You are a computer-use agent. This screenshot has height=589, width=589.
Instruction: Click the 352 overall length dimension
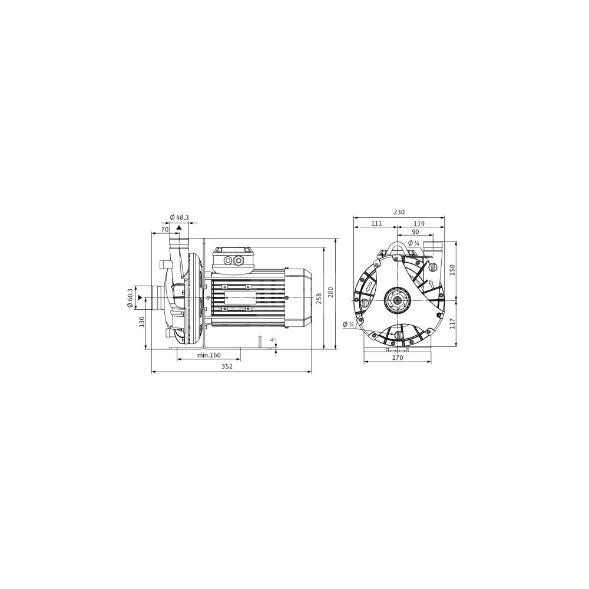[227, 366]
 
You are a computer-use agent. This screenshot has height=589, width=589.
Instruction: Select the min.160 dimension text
[209, 355]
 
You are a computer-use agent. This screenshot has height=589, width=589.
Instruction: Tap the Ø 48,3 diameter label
[179, 217]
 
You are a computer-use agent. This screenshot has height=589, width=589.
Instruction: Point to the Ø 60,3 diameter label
[130, 298]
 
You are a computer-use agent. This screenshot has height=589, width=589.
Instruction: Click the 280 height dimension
[330, 292]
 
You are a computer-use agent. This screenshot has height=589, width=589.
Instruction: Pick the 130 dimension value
[141, 322]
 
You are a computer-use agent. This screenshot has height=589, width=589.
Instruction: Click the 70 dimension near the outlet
[164, 229]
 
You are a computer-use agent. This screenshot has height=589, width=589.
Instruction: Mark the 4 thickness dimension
[272, 340]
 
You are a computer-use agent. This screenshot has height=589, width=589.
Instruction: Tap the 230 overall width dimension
[399, 212]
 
